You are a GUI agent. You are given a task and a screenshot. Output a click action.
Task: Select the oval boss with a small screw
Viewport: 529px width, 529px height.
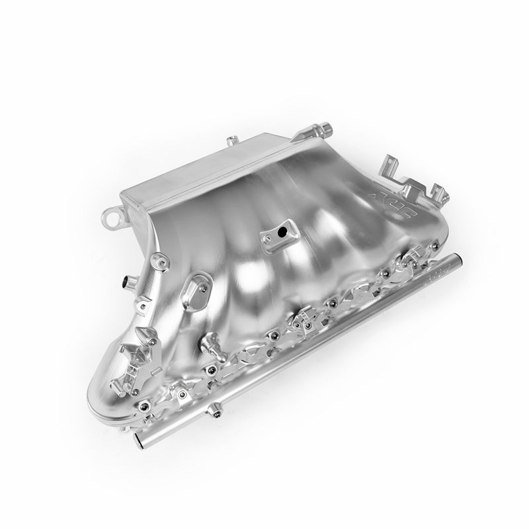click(196, 290)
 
